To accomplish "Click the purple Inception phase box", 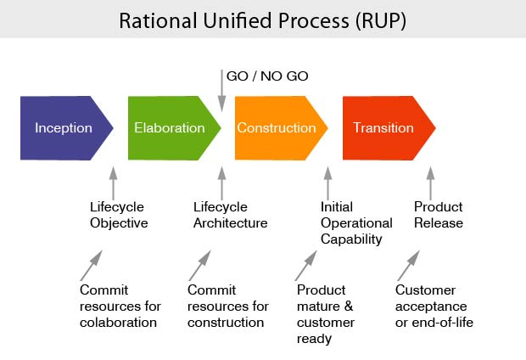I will pyautogui.click(x=64, y=128).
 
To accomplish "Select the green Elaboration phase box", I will pyautogui.click(x=170, y=128).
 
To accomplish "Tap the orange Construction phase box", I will pyautogui.click(x=277, y=128).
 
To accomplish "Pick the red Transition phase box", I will pyautogui.click(x=384, y=128).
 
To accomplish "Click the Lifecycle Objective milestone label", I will pyautogui.click(x=119, y=215).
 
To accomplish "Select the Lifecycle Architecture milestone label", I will pyautogui.click(x=230, y=215).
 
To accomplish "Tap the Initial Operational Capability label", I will pyautogui.click(x=356, y=222).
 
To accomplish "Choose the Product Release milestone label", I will pyautogui.click(x=439, y=215).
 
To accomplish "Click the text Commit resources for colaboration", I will pyautogui.click(x=119, y=306).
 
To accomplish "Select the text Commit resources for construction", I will pyautogui.click(x=227, y=306).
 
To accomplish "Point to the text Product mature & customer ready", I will pyautogui.click(x=326, y=314).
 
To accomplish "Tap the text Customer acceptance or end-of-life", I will pyautogui.click(x=434, y=306).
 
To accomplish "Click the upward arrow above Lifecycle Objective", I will pyautogui.click(x=113, y=183).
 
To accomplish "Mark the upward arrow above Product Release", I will pyautogui.click(x=430, y=183).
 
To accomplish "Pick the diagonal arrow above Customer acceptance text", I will pyautogui.click(x=408, y=266).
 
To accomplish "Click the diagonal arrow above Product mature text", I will pyautogui.click(x=305, y=266).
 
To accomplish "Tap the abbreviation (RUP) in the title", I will pyautogui.click(x=375, y=20).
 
